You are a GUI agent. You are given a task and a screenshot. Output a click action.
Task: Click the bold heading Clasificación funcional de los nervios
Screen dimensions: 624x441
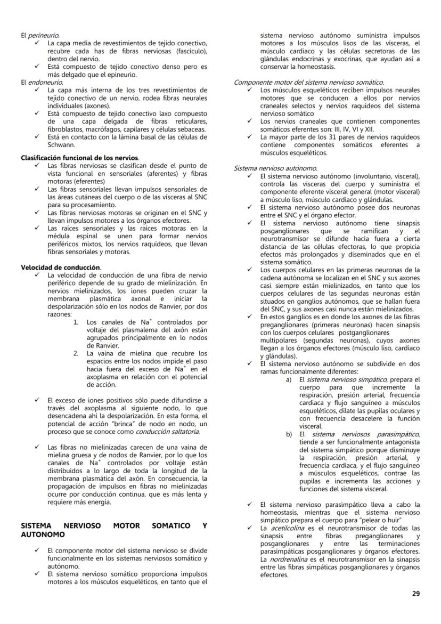(80, 158)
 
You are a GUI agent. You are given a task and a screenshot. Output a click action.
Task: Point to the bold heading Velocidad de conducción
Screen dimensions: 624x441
(61, 267)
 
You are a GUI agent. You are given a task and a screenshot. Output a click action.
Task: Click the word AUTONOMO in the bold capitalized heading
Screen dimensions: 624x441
(43, 534)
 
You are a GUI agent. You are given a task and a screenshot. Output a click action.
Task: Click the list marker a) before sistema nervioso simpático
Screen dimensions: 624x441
(289, 379)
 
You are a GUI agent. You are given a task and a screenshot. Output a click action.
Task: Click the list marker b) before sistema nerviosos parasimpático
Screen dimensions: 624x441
(289, 435)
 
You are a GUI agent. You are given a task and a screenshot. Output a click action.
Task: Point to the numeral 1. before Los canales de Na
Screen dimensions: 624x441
(76, 322)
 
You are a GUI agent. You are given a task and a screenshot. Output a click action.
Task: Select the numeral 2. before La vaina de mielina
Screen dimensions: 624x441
(76, 353)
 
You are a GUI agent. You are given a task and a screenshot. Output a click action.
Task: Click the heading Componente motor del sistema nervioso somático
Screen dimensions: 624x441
(308, 83)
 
